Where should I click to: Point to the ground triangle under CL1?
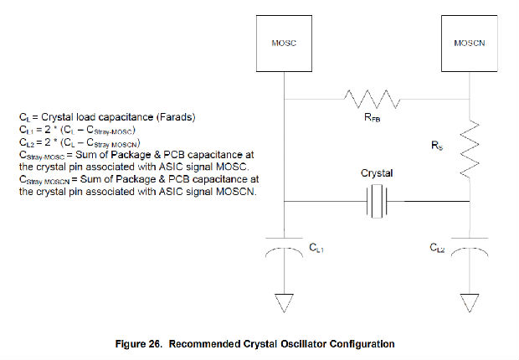(285, 302)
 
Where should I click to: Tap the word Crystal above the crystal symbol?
(376, 173)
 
